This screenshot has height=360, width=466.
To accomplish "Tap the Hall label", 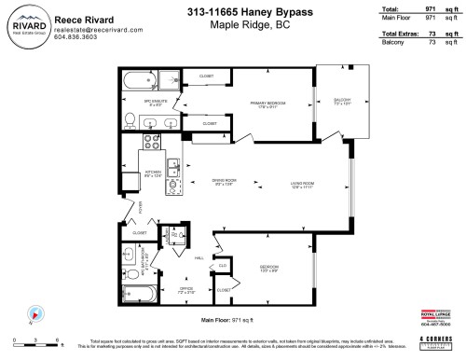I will coord(199,258).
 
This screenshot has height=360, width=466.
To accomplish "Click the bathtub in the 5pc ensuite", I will coord(138,79).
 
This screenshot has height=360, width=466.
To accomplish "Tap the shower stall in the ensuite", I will coord(170,80).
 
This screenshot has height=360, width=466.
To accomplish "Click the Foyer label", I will coord(116,206).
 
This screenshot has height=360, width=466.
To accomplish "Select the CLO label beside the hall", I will coord(222,265).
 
